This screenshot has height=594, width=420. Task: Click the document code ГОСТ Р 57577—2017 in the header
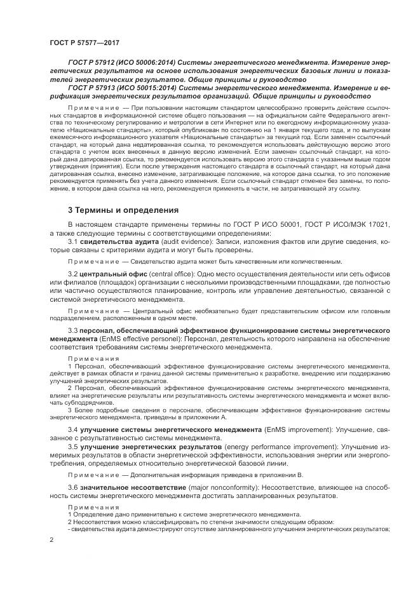pyautogui.click(x=84, y=42)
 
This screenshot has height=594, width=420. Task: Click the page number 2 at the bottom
pyautogui.click(x=51, y=540)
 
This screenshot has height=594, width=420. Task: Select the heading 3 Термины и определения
pyautogui.click(x=122, y=210)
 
